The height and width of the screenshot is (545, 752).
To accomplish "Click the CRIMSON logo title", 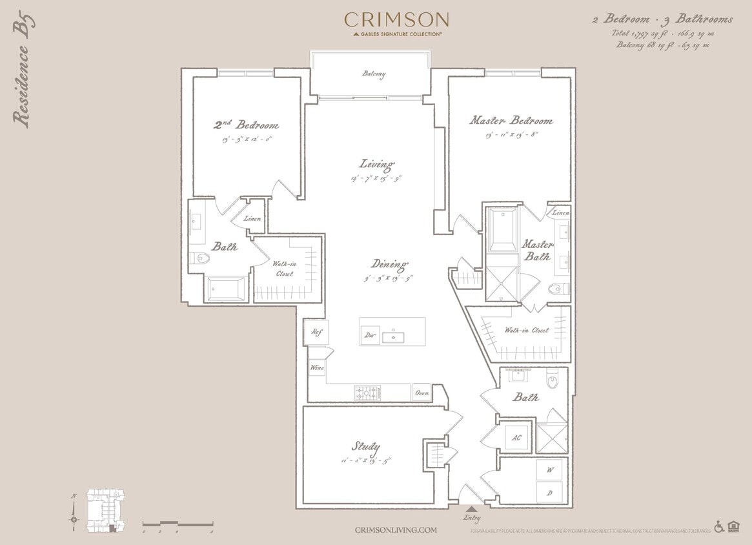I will (396, 19).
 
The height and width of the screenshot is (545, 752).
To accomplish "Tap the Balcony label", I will (374, 74).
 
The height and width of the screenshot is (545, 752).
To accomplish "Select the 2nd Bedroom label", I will (247, 124).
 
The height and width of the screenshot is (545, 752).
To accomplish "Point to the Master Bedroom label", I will (511, 121).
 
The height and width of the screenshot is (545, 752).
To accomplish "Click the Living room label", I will (377, 164).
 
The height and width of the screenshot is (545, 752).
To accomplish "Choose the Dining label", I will (389, 264).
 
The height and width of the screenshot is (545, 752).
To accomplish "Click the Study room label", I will (365, 446).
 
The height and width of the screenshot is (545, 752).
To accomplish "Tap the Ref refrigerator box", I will (316, 332).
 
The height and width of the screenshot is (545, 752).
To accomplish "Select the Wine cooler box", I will (317, 368).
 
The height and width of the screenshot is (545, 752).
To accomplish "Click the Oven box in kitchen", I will (422, 393).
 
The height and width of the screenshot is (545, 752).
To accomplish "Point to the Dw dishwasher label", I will (370, 335).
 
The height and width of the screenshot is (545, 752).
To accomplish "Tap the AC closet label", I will (516, 437).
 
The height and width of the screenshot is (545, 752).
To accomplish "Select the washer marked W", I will (549, 469).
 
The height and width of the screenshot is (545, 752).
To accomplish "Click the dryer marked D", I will (549, 493).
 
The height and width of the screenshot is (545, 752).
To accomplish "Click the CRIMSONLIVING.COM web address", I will (396, 530).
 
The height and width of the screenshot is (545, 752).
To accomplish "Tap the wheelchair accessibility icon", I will (719, 527).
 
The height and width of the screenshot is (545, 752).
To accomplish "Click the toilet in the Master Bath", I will (557, 289).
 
